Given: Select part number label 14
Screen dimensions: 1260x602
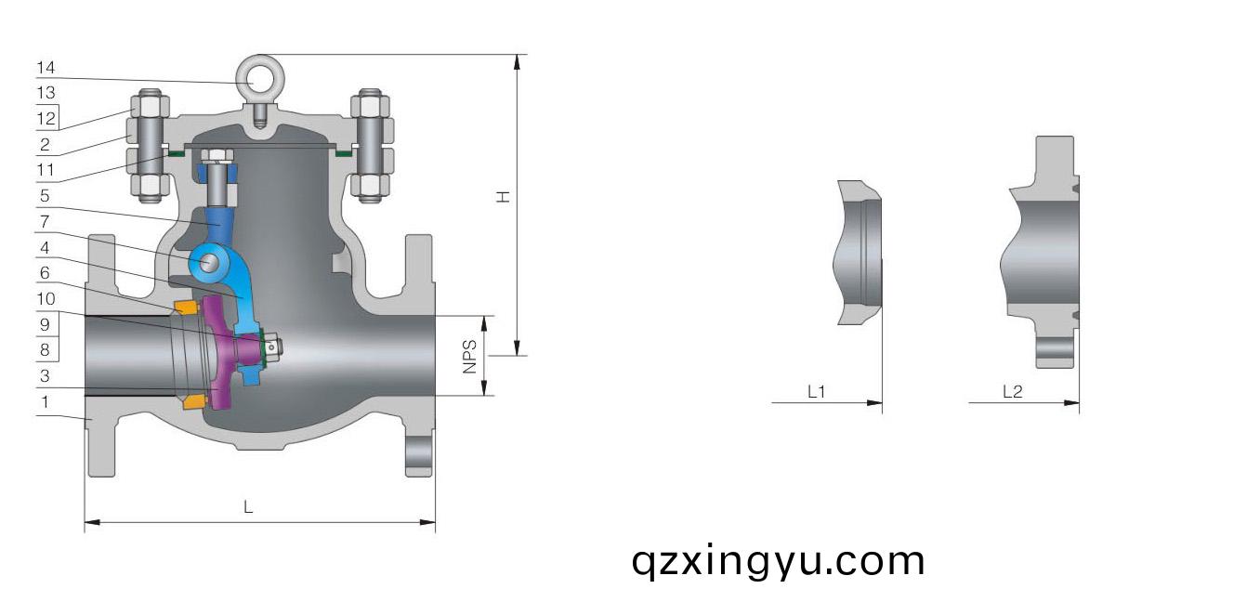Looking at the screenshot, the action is pyautogui.click(x=46, y=68).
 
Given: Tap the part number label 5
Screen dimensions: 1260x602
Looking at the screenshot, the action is pyautogui.click(x=45, y=196).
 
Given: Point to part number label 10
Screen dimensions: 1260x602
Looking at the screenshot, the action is pyautogui.click(x=46, y=298).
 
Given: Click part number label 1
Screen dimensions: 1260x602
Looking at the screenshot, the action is pyautogui.click(x=45, y=401).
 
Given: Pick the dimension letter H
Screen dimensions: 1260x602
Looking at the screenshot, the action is pyautogui.click(x=503, y=196).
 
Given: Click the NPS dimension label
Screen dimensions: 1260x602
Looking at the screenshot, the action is pyautogui.click(x=469, y=356).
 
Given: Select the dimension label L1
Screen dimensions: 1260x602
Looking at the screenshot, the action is pyautogui.click(x=816, y=392).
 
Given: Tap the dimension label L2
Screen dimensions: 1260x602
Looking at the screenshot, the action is pyautogui.click(x=1013, y=392).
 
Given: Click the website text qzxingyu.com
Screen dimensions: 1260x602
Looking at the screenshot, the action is pyautogui.click(x=778, y=561).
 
